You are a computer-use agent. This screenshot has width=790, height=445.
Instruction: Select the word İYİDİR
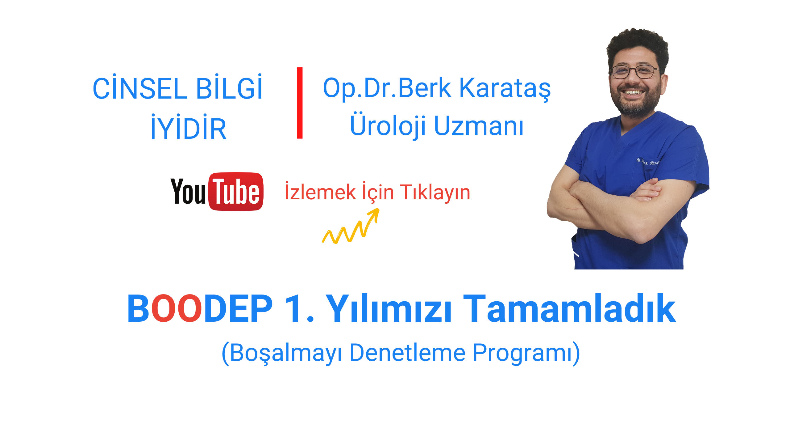(188, 127)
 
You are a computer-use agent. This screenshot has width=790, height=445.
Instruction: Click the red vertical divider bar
(300, 103)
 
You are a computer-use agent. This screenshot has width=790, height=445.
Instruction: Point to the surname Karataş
(505, 89)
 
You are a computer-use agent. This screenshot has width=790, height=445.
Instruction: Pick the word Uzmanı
(479, 126)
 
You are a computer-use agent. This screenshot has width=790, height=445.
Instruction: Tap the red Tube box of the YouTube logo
(236, 192)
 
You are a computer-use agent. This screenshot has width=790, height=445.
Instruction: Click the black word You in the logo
(188, 191)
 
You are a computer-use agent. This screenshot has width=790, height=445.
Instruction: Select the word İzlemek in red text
(320, 192)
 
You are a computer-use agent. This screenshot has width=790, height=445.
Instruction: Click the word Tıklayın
(435, 193)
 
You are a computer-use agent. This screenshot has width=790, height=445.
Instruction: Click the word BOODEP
(200, 308)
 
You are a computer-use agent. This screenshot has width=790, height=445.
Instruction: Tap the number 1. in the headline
(299, 308)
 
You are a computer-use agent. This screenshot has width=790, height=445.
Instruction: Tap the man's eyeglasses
(634, 72)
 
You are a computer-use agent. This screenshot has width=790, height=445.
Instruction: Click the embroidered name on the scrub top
(648, 161)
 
